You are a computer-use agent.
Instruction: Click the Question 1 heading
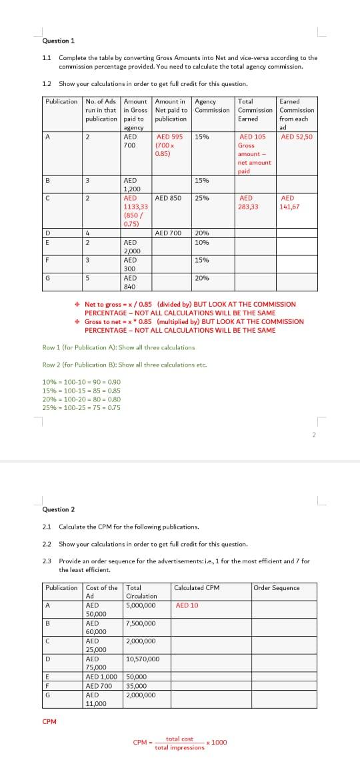click(58, 41)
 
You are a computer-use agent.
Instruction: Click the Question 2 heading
click(58, 509)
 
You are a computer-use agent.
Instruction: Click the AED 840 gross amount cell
click(130, 282)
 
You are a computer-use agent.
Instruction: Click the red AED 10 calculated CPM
click(187, 605)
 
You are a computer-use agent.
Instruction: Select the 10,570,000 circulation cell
click(142, 659)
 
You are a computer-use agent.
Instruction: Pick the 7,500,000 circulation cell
click(141, 623)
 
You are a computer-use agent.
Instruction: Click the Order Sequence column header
click(277, 587)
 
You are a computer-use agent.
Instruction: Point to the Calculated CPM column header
click(197, 587)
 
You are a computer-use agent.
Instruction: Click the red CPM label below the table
click(49, 721)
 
